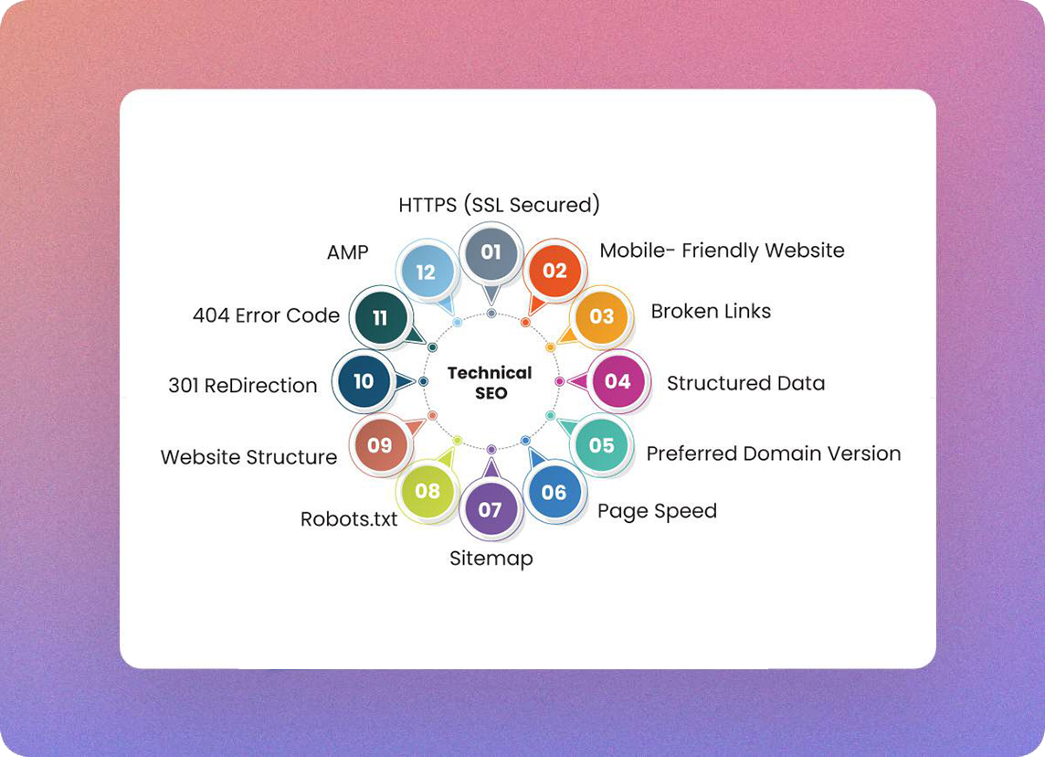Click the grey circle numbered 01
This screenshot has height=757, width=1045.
click(x=491, y=251)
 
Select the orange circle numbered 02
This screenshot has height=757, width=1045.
click(x=555, y=271)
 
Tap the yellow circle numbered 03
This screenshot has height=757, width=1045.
click(x=601, y=316)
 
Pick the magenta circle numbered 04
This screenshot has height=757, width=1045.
click(x=618, y=381)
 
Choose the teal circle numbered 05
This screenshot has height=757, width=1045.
click(x=601, y=445)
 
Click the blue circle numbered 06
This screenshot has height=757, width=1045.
click(x=554, y=492)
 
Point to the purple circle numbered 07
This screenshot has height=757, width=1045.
click(x=491, y=509)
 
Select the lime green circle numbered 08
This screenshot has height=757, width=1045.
click(x=427, y=491)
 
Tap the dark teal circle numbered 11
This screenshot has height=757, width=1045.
click(x=380, y=318)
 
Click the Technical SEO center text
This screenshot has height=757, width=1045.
click(x=490, y=383)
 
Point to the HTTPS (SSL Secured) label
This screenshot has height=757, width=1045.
click(x=499, y=205)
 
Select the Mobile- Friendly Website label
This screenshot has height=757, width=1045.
click(x=722, y=251)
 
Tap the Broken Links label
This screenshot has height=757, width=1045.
click(x=711, y=311)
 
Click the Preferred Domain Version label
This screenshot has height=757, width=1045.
click(x=773, y=453)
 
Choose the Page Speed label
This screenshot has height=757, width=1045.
click(x=657, y=511)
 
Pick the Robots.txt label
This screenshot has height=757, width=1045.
click(x=349, y=519)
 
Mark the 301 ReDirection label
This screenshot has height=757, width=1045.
click(x=242, y=386)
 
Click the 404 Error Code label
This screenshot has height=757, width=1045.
click(x=266, y=315)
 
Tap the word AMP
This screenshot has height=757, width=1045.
click(x=347, y=252)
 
